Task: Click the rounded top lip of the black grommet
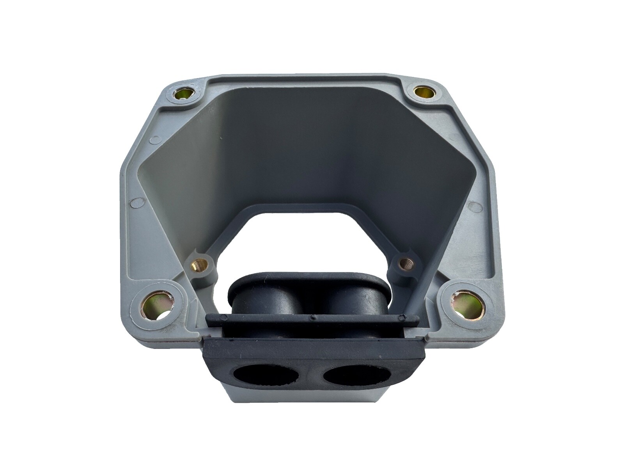(308, 275)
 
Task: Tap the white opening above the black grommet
(312, 234)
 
